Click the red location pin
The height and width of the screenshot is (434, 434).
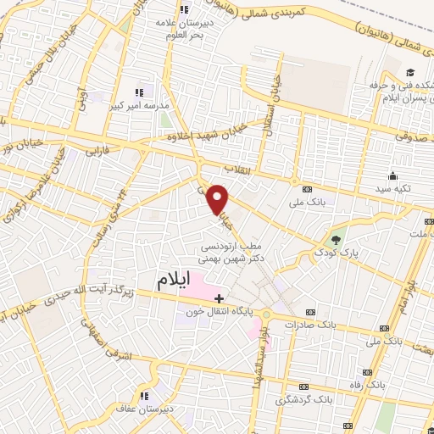pyautogui.click(x=219, y=198)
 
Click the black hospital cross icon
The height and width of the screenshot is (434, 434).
pyautogui.click(x=219, y=298)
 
